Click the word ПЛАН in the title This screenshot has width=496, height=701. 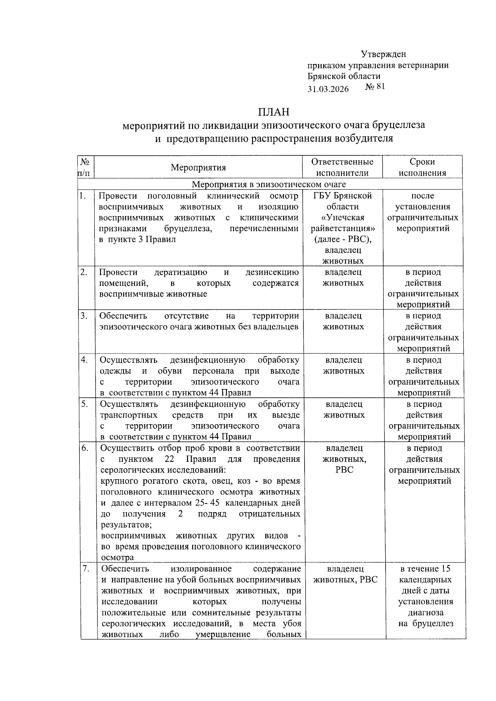coord(274,112)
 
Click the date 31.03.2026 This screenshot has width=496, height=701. coord(328,89)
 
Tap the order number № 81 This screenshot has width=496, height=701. coord(375,87)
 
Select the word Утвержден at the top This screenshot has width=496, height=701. coord(383,54)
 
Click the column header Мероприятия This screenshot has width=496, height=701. coord(198,167)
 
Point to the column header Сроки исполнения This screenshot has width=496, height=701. coord(422,167)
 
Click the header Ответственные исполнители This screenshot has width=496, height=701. coord(342,167)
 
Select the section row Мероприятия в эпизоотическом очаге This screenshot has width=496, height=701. coord(269,184)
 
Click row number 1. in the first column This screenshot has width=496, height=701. coord(83,196)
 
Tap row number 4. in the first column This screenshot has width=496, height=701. coord(84,360)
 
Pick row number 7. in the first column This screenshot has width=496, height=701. coord(86,569)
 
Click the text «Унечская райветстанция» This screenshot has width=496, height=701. coord(343,223)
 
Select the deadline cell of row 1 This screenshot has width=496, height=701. coord(422,212)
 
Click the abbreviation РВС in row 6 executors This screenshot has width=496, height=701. coord(344,470)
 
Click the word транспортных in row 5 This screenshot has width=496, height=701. coord(129,415)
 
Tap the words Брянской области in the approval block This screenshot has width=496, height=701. coord(344,76)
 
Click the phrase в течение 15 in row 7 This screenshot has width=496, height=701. coord(425,569)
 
